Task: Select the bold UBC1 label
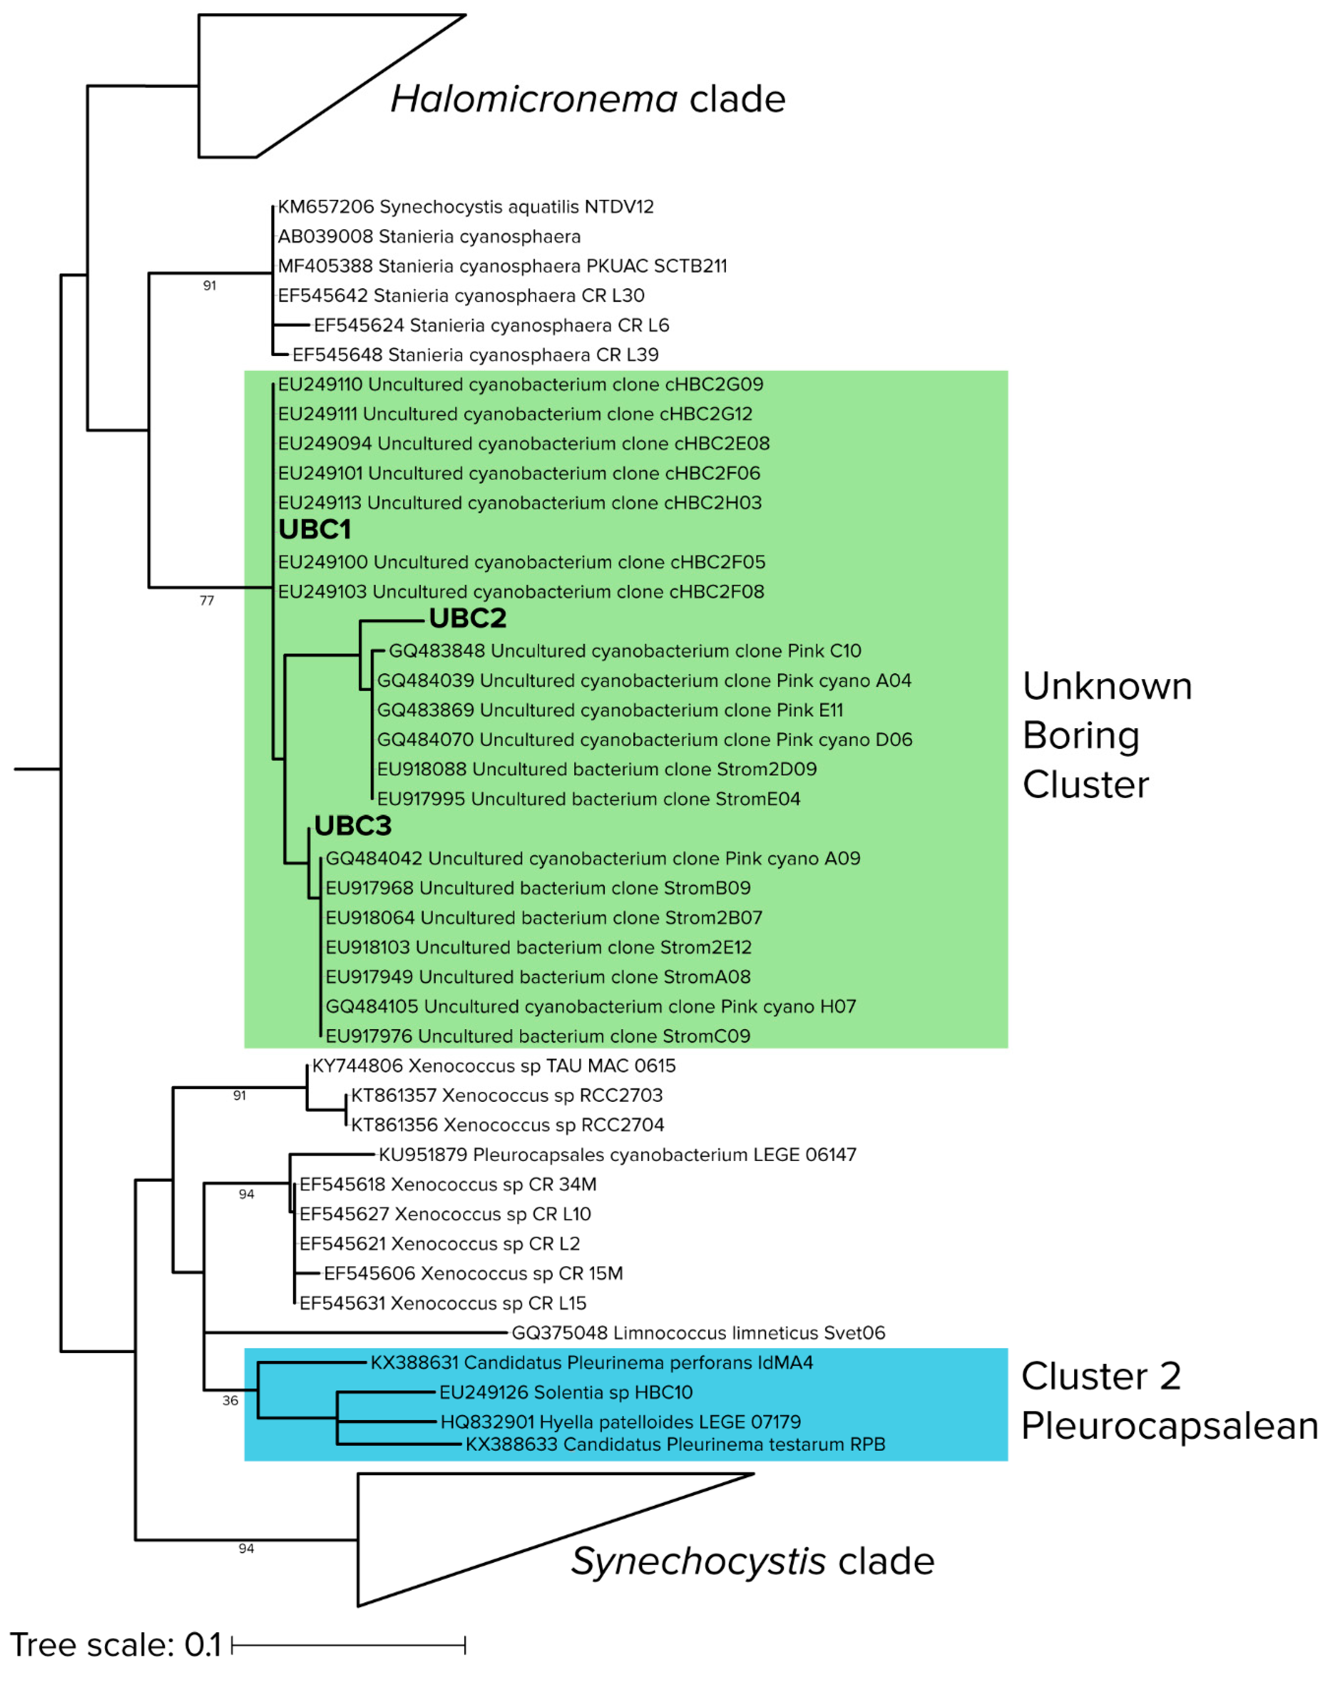tap(314, 530)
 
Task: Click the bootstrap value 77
tap(207, 600)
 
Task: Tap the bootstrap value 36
tap(230, 1400)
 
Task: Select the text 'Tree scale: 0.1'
tap(116, 1644)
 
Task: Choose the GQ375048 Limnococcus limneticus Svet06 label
tap(699, 1332)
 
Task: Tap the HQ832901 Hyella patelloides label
tap(620, 1422)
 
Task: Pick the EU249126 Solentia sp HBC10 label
tap(566, 1392)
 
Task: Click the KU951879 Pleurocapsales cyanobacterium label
tap(617, 1154)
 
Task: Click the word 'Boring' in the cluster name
tap(1081, 736)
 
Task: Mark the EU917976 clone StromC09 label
tap(538, 1036)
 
